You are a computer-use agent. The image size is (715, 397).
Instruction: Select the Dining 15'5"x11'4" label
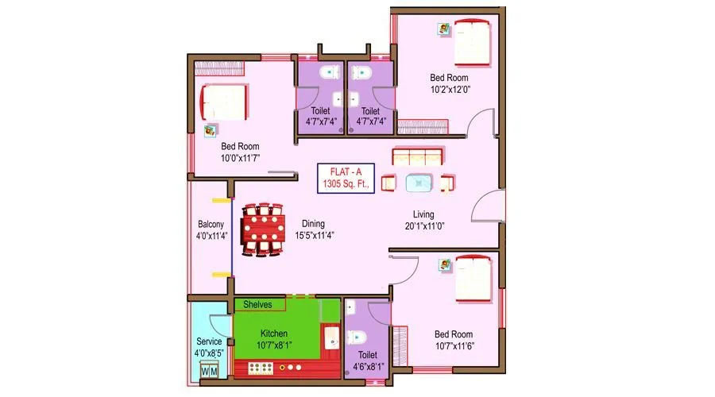coord(313,229)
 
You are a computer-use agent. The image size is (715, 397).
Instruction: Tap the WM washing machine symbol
coord(209,371)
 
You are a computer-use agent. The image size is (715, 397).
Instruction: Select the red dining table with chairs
coord(262,230)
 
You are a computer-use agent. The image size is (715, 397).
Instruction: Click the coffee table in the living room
coord(419,183)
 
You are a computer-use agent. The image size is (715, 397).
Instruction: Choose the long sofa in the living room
coord(416,156)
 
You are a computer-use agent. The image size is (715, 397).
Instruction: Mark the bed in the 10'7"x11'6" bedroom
coord(473,277)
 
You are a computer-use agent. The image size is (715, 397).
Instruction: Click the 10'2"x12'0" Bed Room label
coord(449,83)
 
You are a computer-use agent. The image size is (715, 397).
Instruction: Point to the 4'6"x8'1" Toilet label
coord(367,361)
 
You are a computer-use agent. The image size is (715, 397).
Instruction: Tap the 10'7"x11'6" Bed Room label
coord(454,340)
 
